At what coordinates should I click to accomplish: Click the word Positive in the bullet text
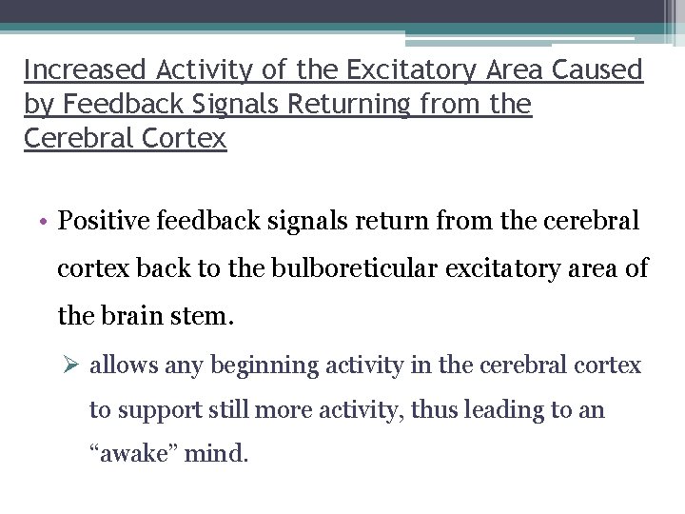(x=97, y=221)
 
